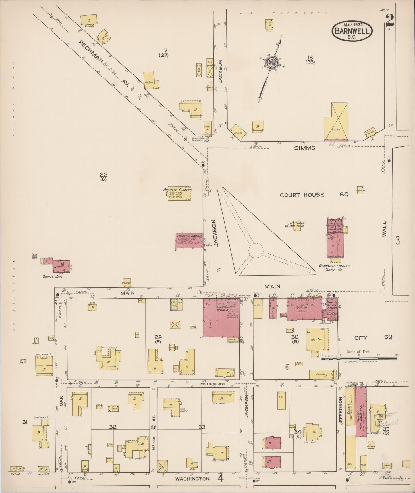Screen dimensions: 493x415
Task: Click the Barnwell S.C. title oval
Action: (352, 31)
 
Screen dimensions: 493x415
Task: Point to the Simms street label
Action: (304, 148)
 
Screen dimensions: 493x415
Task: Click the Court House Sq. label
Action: (315, 195)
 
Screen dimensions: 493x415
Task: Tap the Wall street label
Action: (384, 229)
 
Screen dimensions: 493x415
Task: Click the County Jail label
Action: (52, 276)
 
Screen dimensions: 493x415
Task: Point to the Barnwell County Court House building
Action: (335, 239)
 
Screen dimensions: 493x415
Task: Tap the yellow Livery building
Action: (336, 122)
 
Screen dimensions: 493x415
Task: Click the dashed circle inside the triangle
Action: (256, 251)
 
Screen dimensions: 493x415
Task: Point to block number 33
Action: (202, 427)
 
